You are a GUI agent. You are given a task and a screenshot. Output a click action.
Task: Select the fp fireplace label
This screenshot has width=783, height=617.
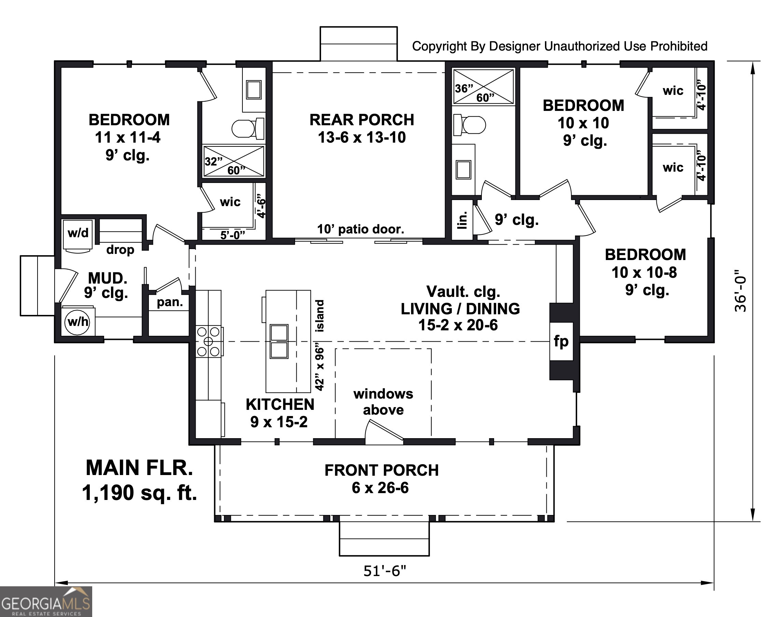click(x=561, y=341)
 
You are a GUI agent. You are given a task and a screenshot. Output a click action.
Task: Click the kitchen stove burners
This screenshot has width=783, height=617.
click(x=209, y=341)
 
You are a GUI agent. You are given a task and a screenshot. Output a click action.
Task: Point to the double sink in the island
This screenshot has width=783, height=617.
click(x=279, y=341)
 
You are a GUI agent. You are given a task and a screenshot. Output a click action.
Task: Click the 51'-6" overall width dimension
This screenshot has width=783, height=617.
click(x=384, y=571)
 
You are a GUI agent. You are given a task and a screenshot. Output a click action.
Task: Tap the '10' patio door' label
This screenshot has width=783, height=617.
click(x=360, y=229)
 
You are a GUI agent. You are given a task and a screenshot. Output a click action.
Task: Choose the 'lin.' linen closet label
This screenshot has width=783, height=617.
click(x=462, y=220)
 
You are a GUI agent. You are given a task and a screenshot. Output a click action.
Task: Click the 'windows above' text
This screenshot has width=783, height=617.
click(x=383, y=402)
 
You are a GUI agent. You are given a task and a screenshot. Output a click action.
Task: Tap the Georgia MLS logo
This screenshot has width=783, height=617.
click(x=46, y=602)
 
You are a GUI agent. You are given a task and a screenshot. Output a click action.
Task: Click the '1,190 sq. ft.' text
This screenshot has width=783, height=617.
click(x=140, y=493)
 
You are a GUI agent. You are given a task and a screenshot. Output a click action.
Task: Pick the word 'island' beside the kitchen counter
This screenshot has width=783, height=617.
click(x=320, y=316)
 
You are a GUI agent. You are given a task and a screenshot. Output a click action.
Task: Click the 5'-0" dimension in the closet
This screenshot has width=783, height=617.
click(x=233, y=235)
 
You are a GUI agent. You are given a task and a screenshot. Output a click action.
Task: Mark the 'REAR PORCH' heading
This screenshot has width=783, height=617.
click(x=362, y=120)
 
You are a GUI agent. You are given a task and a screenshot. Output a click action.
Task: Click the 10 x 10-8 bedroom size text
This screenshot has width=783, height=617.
click(x=644, y=272)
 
